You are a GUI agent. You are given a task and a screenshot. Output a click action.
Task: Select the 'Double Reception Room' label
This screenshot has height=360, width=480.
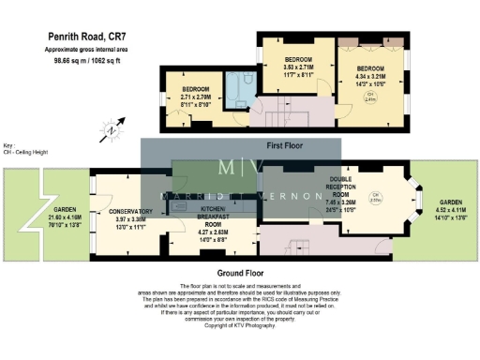[340, 193]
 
